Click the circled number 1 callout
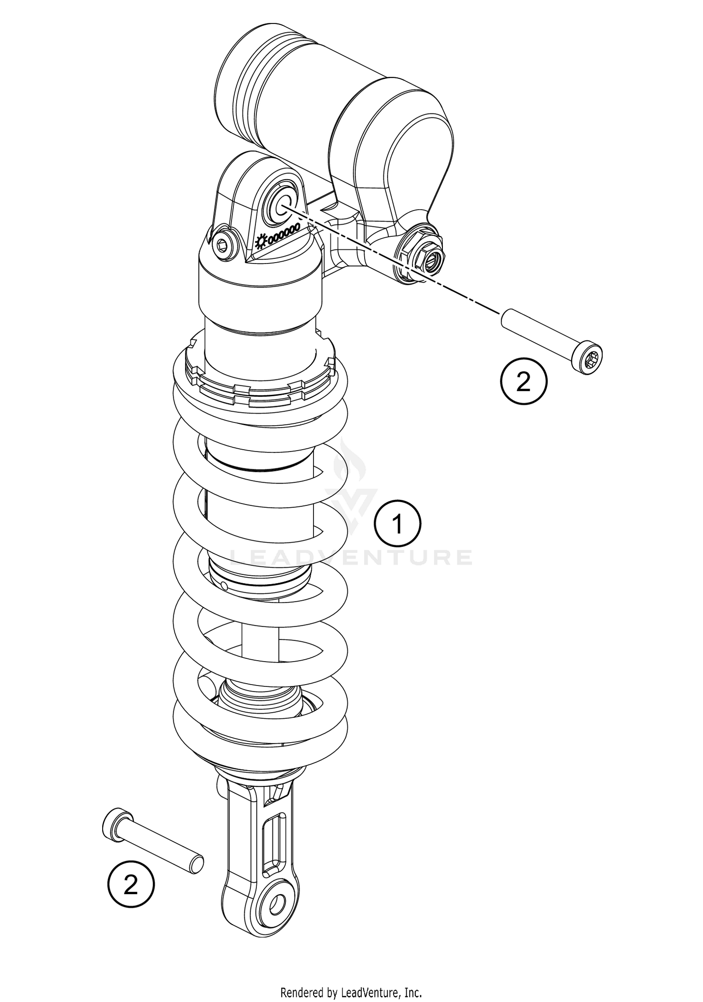(397, 524)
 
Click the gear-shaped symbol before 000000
(261, 241)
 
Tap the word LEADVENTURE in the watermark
(351, 558)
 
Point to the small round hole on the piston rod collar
(224, 585)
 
